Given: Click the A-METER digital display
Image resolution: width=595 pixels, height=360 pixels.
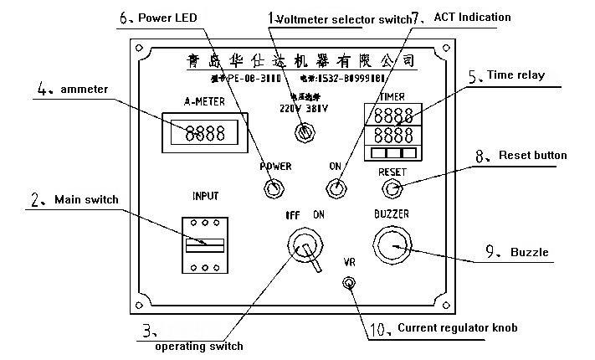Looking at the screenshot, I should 204,132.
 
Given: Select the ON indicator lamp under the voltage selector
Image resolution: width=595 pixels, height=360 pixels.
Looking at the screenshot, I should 336,188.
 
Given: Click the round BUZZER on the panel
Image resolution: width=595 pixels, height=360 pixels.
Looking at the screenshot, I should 390,244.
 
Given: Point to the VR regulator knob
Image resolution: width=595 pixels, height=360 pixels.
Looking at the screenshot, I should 347,282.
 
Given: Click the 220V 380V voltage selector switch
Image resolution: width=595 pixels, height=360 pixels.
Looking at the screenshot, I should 305,132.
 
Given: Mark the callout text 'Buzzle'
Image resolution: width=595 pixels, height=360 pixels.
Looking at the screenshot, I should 530,251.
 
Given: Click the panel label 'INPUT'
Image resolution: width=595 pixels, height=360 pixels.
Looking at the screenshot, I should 205,197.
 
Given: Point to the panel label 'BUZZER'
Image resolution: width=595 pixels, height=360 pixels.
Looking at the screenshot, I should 390,214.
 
